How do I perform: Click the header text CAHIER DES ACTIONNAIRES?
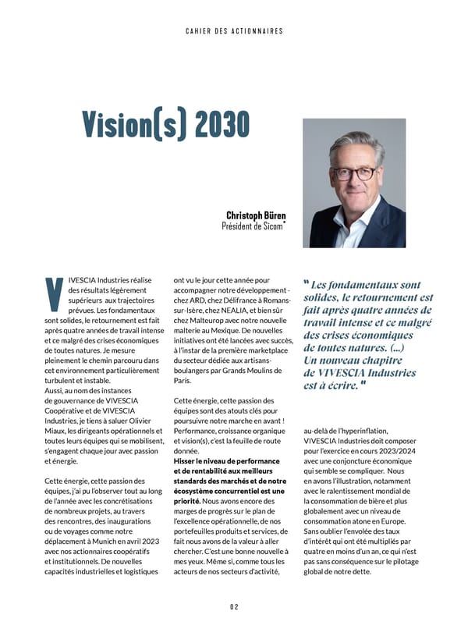234,31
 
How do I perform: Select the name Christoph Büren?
256,215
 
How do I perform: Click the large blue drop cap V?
54,293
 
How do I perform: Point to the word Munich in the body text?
109,540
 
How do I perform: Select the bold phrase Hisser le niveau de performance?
229,460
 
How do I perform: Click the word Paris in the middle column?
182,380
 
